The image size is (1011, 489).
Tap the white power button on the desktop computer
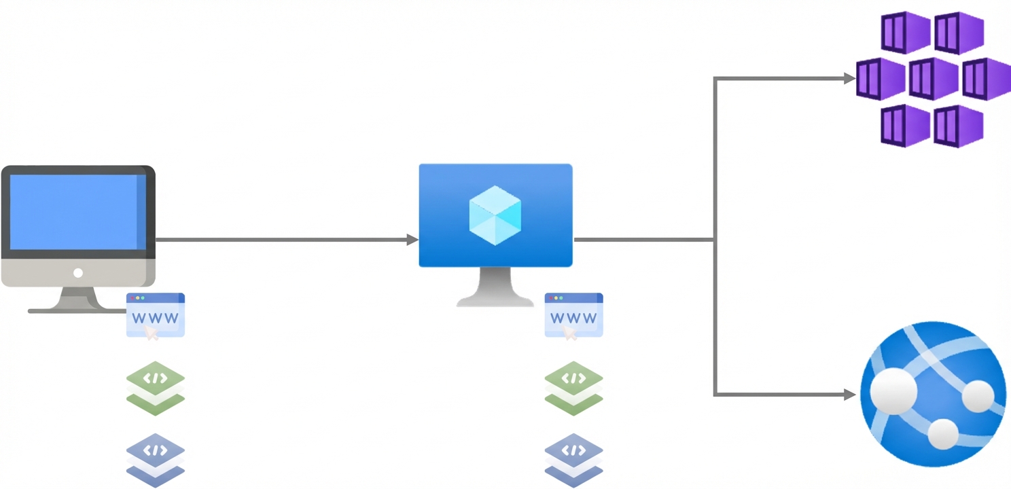tap(78, 273)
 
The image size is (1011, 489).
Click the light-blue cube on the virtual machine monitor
tap(495, 215)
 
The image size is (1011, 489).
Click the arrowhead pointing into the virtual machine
tap(412, 240)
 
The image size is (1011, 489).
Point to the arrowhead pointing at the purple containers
tap(849, 79)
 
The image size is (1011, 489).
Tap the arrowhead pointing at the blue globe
tap(849, 394)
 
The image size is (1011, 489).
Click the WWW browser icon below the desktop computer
tap(156, 316)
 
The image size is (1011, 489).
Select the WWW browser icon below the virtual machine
tap(573, 316)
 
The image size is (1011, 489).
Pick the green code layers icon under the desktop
tap(156, 387)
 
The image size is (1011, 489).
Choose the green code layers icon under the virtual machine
tap(573, 387)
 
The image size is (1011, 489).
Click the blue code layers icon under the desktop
tap(156, 458)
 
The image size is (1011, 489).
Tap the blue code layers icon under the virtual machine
tap(573, 458)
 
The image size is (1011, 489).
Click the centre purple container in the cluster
tap(933, 79)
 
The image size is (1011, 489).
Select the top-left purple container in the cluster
tap(906, 32)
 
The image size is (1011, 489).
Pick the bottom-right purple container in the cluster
tap(959, 126)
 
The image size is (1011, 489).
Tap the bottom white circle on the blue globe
tap(942, 433)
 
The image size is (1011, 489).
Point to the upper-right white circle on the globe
tap(978, 395)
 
